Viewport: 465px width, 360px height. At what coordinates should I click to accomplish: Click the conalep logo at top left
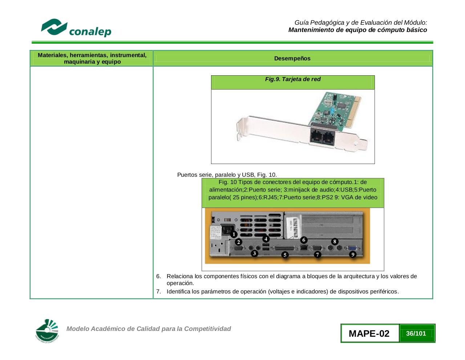tap(76, 28)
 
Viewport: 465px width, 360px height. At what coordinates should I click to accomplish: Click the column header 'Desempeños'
tap(292, 59)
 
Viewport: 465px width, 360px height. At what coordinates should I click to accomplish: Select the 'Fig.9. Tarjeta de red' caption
tap(292, 79)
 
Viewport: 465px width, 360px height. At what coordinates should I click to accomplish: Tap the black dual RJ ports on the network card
tap(323, 137)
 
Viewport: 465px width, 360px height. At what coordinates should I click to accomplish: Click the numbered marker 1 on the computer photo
tap(234, 234)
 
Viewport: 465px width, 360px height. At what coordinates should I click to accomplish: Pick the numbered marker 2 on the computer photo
tap(238, 242)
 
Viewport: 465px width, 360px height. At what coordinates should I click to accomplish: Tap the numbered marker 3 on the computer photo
tap(255, 253)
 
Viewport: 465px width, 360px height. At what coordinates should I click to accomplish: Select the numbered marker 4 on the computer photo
tap(266, 239)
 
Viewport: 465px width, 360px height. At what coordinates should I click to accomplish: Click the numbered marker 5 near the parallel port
tap(285, 255)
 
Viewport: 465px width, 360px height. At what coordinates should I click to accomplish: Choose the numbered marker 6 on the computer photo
tap(304, 240)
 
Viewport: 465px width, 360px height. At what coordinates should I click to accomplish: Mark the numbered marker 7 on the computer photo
tap(318, 254)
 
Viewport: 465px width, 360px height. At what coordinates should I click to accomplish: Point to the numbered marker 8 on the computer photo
tap(335, 241)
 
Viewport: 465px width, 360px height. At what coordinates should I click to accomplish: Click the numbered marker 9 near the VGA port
tap(353, 254)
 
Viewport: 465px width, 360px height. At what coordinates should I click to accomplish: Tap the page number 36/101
tap(416, 333)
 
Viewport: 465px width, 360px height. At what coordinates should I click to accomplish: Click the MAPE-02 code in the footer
tap(369, 333)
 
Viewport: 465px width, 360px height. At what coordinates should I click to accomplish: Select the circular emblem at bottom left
tap(47, 331)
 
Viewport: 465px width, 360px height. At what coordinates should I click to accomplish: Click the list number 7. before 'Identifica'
tap(158, 292)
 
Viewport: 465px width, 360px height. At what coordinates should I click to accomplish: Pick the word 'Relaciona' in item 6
tap(179, 276)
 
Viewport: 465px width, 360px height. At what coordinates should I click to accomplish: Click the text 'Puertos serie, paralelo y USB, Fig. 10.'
tap(227, 175)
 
